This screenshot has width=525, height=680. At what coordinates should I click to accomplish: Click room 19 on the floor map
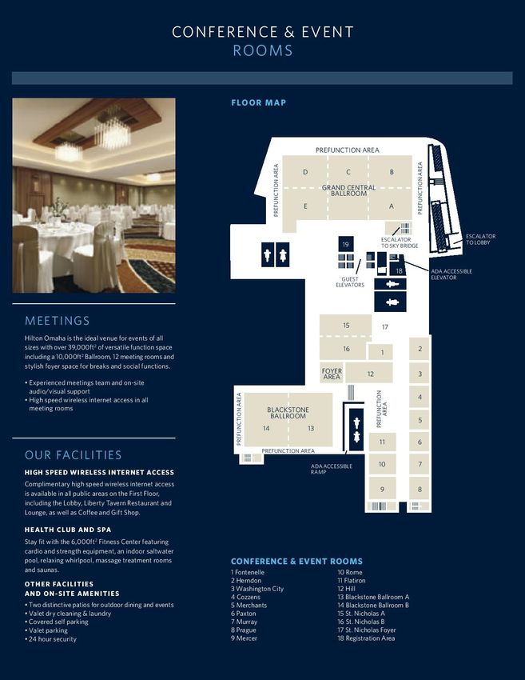(346, 244)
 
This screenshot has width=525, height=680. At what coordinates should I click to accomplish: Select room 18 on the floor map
(399, 270)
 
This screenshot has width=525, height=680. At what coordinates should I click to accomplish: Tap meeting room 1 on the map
(381, 352)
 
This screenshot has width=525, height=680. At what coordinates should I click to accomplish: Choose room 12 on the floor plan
(369, 373)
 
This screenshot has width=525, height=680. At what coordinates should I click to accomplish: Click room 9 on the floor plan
(382, 489)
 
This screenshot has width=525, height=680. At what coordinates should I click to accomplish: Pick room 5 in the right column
(420, 420)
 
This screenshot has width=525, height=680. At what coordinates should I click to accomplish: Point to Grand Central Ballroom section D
(305, 172)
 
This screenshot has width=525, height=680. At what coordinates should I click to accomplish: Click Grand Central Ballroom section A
(391, 206)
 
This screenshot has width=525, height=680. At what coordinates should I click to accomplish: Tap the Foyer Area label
(332, 374)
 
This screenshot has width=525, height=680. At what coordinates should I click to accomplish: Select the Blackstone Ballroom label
(288, 413)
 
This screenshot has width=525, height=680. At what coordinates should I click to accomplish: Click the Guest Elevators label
(350, 282)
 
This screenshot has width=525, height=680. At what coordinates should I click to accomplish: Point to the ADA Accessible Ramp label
(332, 469)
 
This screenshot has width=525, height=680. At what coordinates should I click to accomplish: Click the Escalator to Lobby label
(481, 239)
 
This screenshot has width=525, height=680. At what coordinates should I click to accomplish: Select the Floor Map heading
(259, 102)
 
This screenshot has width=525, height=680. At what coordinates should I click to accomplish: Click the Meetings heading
(58, 321)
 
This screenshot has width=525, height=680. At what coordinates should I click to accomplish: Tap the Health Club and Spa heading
(68, 530)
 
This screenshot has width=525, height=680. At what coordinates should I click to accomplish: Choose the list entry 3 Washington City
(257, 589)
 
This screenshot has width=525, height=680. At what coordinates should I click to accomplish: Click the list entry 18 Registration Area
(366, 638)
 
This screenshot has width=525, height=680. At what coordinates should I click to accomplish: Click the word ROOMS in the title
(263, 50)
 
